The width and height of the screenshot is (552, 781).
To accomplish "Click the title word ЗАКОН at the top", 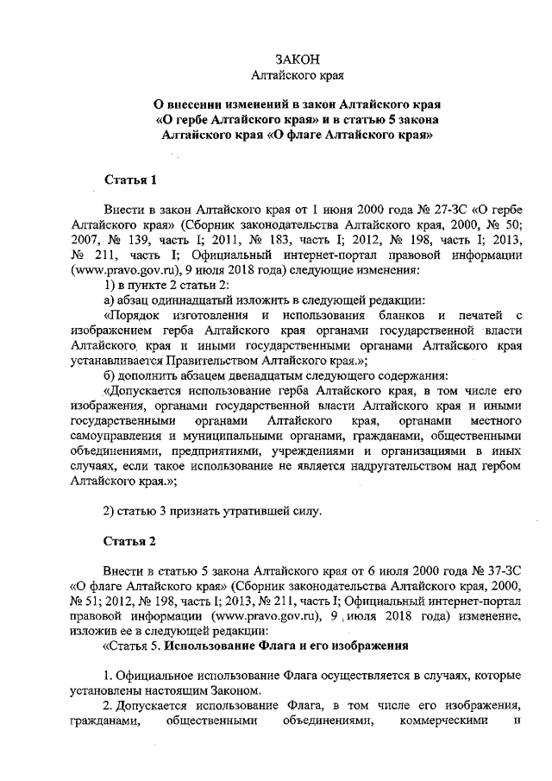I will tap(298, 60).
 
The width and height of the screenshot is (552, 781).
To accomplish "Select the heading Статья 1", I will tap(130, 180).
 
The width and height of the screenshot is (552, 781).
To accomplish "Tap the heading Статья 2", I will tap(130, 542).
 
